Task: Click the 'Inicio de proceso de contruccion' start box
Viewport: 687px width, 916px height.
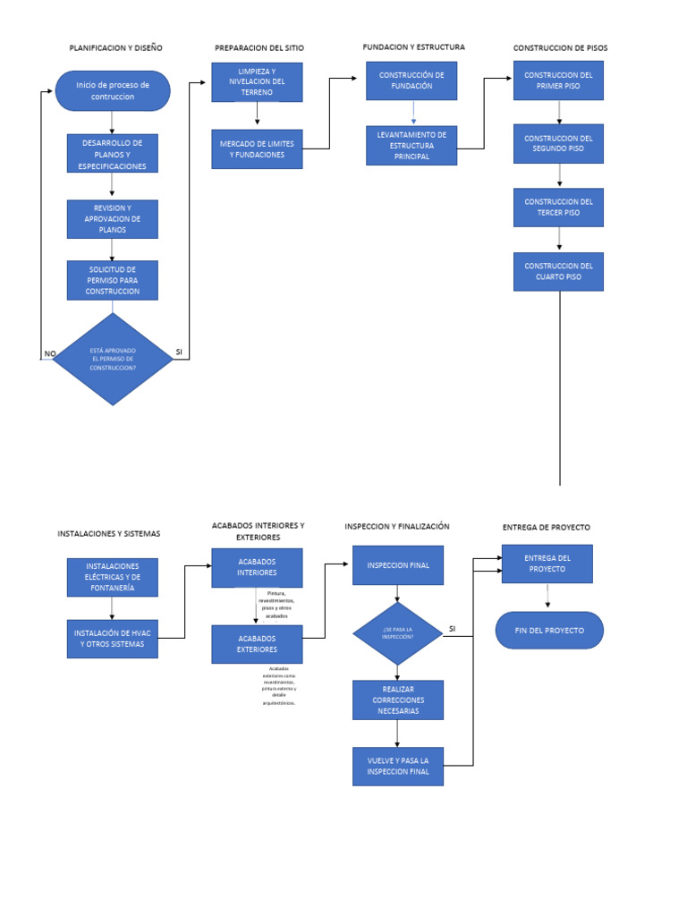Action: (x=112, y=90)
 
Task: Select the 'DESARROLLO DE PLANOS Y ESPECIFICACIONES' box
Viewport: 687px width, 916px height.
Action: (x=112, y=154)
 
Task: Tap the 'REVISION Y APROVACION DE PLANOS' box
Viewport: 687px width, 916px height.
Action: (x=112, y=219)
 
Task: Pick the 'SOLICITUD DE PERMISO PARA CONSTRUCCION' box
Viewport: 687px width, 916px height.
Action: (x=112, y=280)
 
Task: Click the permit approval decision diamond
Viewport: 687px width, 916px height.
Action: (x=112, y=359)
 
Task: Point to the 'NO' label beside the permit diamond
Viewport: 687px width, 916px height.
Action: (x=50, y=353)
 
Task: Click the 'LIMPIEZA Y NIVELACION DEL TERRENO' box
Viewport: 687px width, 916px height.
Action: (x=257, y=81)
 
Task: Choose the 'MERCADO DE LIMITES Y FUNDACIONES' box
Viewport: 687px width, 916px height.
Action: (x=257, y=149)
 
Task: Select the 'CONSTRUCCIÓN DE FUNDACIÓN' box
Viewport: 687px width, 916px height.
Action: (x=411, y=81)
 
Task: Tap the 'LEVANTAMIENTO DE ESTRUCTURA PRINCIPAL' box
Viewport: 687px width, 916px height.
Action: (x=411, y=145)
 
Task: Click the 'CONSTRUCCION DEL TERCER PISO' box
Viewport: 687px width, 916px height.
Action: (x=558, y=208)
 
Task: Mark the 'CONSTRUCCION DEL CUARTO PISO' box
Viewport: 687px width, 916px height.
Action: (x=558, y=271)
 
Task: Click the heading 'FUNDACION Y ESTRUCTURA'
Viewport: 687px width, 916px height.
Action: (x=413, y=47)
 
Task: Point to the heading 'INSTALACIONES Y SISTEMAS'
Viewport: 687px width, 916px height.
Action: (x=109, y=533)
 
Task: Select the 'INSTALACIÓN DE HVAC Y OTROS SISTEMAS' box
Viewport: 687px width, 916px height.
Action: (x=112, y=638)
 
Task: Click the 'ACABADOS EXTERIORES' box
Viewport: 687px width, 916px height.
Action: (x=257, y=644)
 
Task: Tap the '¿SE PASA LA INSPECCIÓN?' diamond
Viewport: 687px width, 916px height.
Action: (x=397, y=632)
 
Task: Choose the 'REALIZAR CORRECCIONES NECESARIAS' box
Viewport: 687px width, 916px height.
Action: (x=397, y=700)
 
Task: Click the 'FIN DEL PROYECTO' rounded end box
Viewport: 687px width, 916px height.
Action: (x=549, y=630)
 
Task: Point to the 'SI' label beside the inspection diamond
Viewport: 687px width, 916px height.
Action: (x=452, y=629)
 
